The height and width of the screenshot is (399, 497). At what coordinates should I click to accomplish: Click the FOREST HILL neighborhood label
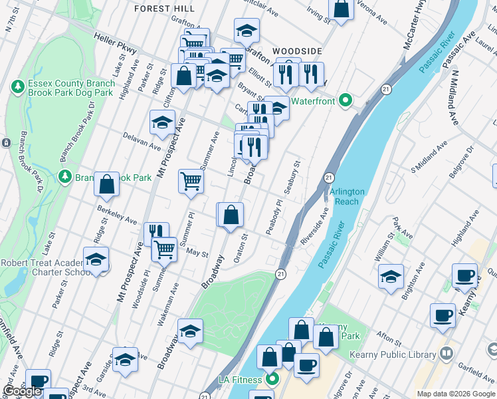(165, 8)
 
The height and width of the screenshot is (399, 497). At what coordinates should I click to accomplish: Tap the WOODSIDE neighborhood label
(297, 51)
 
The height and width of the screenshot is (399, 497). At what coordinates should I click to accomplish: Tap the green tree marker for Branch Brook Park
(65, 176)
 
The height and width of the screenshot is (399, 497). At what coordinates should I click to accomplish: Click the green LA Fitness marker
(272, 380)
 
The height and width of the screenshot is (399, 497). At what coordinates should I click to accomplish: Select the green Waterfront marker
(345, 100)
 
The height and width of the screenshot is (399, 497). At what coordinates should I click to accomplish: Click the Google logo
(22, 391)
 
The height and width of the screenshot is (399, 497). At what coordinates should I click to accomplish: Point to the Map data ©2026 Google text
(455, 394)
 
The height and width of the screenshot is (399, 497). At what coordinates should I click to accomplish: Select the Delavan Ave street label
(142, 140)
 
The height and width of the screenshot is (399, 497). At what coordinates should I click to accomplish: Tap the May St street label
(197, 253)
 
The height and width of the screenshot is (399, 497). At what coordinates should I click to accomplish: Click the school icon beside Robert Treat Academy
(96, 261)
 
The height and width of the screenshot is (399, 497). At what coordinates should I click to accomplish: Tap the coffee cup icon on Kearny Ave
(464, 275)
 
